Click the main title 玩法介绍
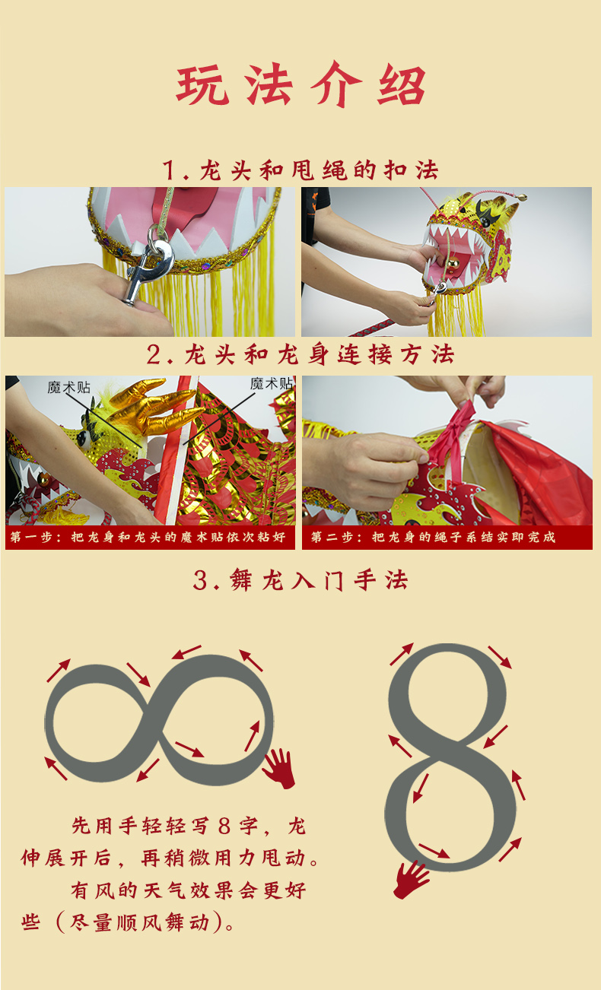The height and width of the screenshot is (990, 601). pos(301,84)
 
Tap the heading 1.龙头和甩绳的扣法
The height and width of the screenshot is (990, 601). pos(300,170)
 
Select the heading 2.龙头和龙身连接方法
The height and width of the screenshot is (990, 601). pos(300,355)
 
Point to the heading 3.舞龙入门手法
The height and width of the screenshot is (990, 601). pos(300,580)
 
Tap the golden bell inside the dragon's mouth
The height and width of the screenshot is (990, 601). pos(453,265)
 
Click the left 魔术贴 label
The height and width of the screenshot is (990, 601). pos(68,388)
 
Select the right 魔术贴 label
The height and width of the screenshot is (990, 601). pos(271,384)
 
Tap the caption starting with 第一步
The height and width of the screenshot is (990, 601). pos(148,537)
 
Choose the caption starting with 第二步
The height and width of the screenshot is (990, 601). pos(433,537)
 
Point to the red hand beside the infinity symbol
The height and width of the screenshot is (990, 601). pos(279,768)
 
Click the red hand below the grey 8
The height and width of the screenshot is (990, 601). pos(410,879)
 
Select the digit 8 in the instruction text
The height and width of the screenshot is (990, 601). pos(224,826)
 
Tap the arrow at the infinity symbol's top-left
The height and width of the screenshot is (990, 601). pos(59,671)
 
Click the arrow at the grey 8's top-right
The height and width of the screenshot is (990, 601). pos(500,657)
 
